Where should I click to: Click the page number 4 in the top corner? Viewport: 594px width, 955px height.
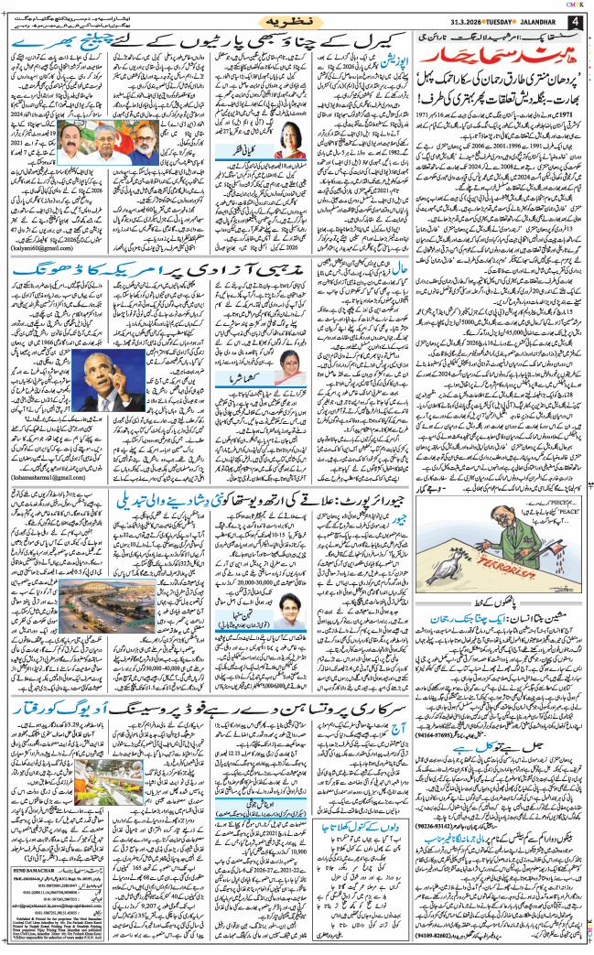pyautogui.click(x=576, y=22)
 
